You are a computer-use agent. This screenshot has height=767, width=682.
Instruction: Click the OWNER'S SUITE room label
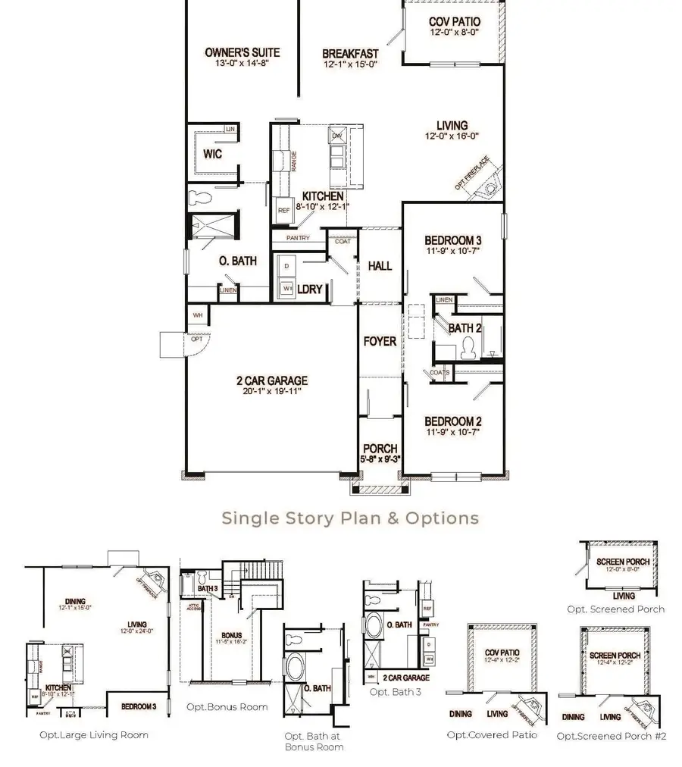tap(242, 52)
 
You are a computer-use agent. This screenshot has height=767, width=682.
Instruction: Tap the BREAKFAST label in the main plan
tap(350, 54)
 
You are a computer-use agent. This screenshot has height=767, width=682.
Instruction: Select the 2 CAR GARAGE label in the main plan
tap(271, 381)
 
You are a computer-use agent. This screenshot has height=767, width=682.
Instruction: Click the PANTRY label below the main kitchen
tap(297, 238)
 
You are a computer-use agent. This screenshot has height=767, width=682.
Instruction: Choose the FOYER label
tap(380, 341)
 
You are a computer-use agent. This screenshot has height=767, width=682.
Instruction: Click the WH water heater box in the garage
tap(197, 315)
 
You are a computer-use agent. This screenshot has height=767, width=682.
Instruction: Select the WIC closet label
tap(212, 154)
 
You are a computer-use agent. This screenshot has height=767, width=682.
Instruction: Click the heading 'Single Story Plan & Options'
tap(350, 518)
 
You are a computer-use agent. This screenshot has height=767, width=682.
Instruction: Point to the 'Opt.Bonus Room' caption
tap(227, 707)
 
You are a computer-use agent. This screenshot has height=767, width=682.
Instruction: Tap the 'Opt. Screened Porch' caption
tap(615, 609)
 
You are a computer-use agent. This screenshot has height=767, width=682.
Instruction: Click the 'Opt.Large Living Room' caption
tap(94, 734)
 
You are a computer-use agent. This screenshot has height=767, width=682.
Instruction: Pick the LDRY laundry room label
tap(311, 290)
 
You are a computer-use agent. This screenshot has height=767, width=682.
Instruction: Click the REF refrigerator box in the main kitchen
tap(283, 211)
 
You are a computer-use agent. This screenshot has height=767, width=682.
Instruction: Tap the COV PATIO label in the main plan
tap(455, 22)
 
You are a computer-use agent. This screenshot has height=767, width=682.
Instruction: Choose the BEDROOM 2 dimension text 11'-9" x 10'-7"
tap(453, 434)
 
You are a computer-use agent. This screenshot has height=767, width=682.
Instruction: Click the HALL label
tap(380, 265)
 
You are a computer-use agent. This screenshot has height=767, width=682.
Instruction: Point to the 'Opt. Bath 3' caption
tap(395, 692)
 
